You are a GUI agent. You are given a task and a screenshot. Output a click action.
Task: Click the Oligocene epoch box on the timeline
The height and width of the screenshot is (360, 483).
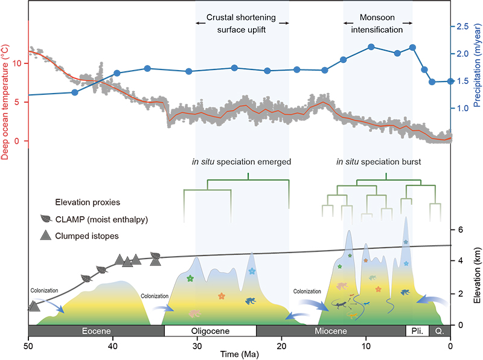210,331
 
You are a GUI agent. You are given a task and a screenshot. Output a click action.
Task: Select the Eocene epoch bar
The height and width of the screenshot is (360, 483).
97,331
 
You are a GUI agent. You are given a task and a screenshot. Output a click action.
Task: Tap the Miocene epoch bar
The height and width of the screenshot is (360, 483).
331,331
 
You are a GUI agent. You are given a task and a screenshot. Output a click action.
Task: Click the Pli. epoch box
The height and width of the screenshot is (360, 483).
417,331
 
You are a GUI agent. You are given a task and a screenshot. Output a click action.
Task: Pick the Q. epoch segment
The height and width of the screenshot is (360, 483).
440,331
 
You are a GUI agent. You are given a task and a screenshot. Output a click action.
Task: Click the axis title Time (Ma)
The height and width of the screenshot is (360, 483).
240,355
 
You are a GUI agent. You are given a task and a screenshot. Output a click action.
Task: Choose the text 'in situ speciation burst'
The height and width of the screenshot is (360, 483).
378,161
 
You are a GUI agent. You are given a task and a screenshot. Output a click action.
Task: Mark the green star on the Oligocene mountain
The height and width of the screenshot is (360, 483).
190,278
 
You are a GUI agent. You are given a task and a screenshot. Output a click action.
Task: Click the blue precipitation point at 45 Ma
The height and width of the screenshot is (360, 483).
75,92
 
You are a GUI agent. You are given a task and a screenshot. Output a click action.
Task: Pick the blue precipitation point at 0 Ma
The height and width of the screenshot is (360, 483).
450,81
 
